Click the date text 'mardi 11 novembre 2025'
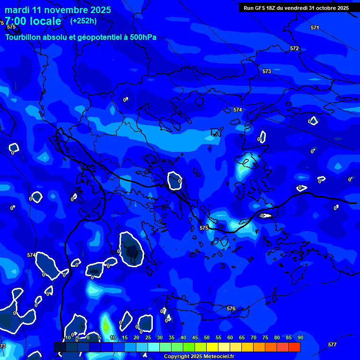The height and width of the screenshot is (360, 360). click(x=58, y=10)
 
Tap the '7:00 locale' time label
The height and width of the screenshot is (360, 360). click(x=33, y=21)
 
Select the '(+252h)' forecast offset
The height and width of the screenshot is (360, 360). click(x=83, y=21)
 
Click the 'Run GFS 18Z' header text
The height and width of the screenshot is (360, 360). click(x=260, y=8)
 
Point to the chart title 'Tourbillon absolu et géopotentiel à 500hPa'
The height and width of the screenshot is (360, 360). click(x=81, y=37)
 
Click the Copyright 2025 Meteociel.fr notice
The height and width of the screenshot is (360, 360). click(x=199, y=357)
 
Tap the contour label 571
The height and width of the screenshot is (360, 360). click(x=315, y=28)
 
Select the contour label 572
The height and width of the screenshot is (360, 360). click(x=294, y=49)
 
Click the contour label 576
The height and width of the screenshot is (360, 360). click(x=231, y=309)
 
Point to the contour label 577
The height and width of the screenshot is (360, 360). click(x=332, y=345)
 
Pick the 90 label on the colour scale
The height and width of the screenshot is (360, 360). click(x=300, y=337)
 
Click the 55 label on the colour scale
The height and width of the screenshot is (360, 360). click(x=218, y=337)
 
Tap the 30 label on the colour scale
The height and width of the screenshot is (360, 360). click(x=160, y=337)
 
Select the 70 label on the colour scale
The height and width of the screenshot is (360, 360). click(x=253, y=337)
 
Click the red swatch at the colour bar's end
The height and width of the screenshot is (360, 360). click(x=294, y=347)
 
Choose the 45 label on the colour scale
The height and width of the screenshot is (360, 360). click(x=195, y=337)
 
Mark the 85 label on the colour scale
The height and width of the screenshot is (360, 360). click(x=288, y=337)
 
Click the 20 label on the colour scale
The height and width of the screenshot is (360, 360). click(x=136, y=337)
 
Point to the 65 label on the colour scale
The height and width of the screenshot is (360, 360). click(x=241, y=337)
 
